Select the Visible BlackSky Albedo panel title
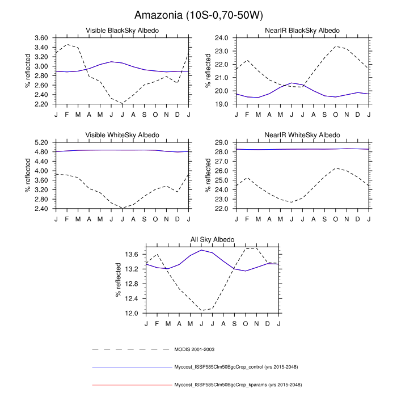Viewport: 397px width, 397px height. (x=122, y=30)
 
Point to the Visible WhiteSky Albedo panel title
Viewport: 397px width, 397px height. (x=122, y=135)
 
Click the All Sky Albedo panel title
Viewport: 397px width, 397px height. (x=212, y=240)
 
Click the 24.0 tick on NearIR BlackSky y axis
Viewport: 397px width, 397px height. (x=222, y=38)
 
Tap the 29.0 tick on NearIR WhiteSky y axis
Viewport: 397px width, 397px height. (x=222, y=142)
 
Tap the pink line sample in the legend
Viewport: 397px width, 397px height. (x=131, y=385)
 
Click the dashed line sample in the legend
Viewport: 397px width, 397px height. (x=131, y=349)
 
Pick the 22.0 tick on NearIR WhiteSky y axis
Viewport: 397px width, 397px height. (x=222, y=209)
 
